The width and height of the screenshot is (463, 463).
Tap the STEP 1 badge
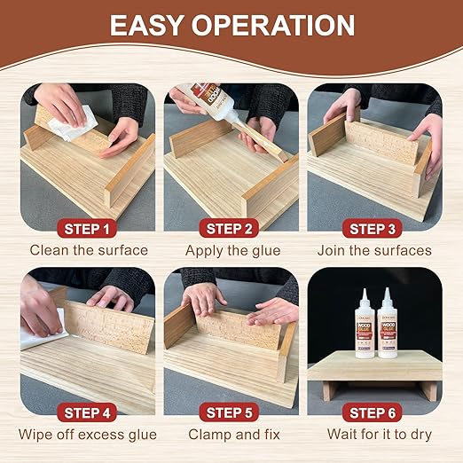(88, 229)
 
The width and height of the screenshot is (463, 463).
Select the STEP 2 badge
(231, 229)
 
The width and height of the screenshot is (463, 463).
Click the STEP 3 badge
(373, 229)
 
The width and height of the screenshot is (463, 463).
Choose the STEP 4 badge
(88, 412)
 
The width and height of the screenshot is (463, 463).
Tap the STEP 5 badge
(231, 412)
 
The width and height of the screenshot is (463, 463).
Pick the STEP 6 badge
(373, 412)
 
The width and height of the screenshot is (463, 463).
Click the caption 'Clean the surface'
(88, 250)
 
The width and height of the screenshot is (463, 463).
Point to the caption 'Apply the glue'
(231, 250)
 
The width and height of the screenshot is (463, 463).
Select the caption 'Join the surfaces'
(373, 250)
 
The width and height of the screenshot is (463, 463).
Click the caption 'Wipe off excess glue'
(88, 435)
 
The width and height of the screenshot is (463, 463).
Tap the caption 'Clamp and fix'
(231, 435)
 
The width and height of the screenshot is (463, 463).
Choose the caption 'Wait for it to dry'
(373, 435)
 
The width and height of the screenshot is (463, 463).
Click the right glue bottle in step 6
(388, 326)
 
